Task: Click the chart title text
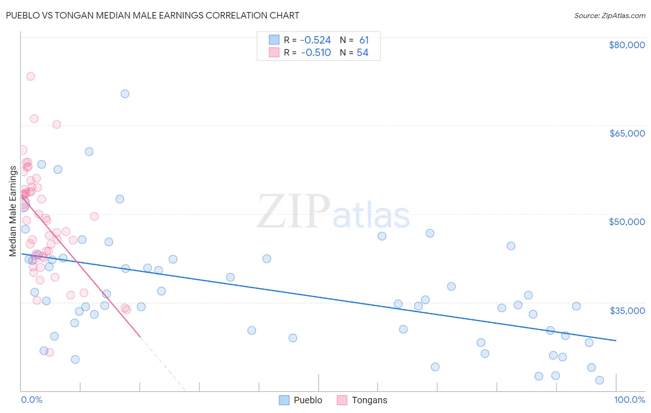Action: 153,15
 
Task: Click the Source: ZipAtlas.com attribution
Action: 609,15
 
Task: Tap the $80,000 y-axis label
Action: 626,45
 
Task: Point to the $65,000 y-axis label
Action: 626,133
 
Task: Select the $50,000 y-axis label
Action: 626,222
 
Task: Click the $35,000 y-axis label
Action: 626,310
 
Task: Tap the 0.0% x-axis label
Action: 31,400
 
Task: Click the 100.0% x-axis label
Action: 629,400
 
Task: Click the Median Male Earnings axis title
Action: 13,211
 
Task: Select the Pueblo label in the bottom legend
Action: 307,400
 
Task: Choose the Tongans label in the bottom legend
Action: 369,400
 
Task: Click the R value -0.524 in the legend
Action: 315,40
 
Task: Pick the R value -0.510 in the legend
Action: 315,53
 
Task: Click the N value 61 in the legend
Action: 364,40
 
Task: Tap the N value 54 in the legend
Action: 363,53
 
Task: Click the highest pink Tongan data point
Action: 31,76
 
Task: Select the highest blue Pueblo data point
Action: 125,94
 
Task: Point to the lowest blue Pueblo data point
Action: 600,380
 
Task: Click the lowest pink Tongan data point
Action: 50,352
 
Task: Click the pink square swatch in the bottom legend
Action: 342,400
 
